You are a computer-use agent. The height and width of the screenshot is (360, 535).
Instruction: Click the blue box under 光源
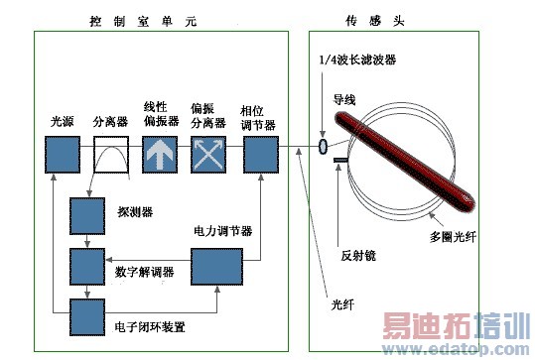click(63, 155)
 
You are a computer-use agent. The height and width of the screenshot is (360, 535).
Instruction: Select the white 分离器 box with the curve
click(111, 155)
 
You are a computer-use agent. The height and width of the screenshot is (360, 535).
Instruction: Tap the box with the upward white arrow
click(160, 155)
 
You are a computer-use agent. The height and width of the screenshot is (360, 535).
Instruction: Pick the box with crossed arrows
click(208, 155)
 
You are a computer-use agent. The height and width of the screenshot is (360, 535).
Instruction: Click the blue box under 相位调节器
click(261, 155)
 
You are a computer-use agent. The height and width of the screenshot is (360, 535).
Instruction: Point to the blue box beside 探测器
click(87, 216)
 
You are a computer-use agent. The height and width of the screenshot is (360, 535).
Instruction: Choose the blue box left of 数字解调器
click(87, 267)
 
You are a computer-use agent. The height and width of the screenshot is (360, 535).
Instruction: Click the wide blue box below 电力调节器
click(216, 267)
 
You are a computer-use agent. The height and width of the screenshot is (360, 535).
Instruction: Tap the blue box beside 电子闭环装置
click(87, 317)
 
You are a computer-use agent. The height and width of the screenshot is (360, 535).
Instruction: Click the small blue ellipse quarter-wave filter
click(323, 147)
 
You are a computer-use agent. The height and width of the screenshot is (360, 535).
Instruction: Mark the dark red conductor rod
click(404, 162)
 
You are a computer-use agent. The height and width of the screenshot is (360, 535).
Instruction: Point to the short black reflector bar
click(340, 160)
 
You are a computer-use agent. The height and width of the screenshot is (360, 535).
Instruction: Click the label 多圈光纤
click(453, 237)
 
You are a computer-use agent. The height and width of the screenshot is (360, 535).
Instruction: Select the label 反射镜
click(358, 255)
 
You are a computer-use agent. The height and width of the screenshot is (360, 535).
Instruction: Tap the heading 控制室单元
click(143, 21)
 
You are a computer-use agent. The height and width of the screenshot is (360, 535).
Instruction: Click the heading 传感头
click(375, 21)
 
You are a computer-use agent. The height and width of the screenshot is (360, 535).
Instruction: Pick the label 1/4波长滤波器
click(357, 60)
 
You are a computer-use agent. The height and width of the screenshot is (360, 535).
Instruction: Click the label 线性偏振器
click(162, 114)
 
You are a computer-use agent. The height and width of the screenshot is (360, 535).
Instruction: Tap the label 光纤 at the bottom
click(342, 304)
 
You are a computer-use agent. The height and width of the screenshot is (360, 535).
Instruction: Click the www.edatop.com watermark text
click(457, 349)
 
